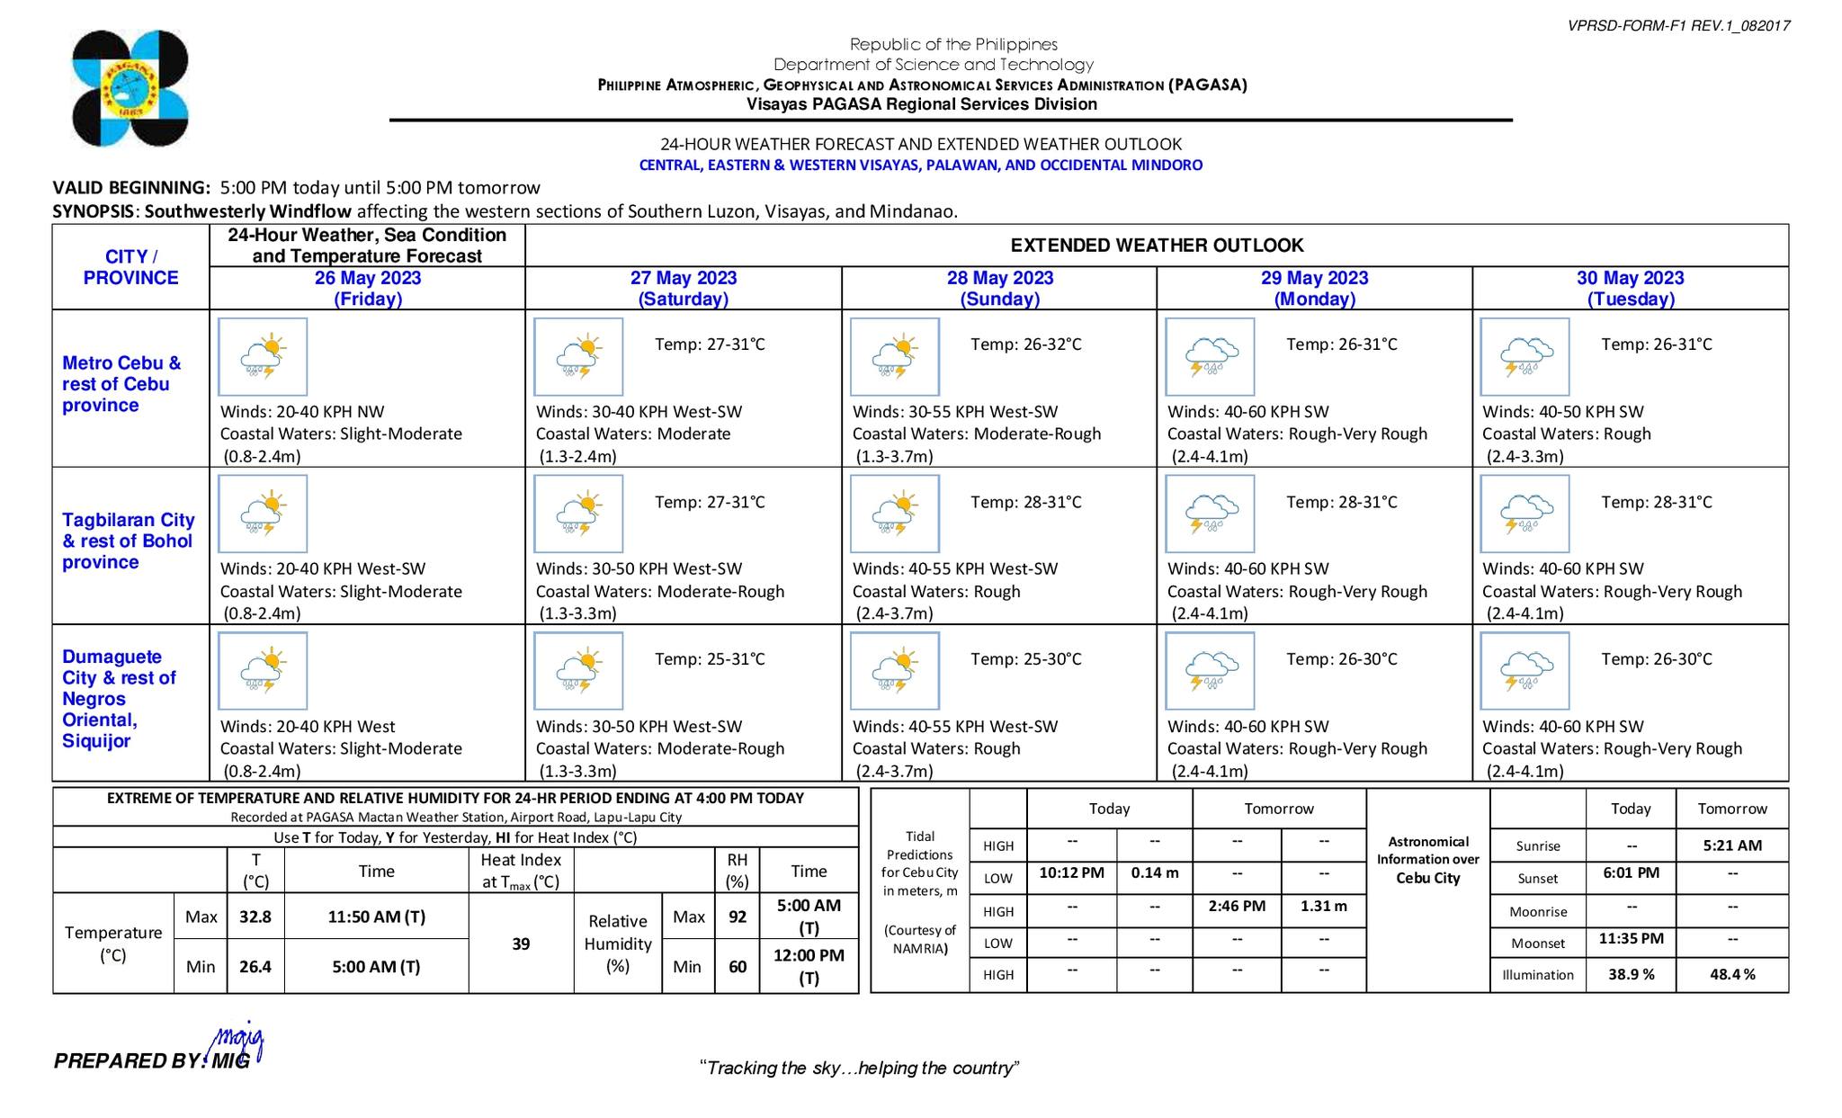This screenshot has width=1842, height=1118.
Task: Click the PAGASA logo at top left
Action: pos(130,88)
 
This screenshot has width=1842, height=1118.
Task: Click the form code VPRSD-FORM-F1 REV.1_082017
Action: pos(1678,26)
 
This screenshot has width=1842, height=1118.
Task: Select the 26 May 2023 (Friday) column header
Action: pos(367,288)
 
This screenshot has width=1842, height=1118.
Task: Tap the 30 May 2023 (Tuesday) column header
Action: pos(1630,288)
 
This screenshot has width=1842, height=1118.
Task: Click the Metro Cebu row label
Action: pos(121,384)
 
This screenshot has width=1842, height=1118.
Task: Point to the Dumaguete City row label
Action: pos(118,699)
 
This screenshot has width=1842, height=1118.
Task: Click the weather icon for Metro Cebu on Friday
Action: pos(263,357)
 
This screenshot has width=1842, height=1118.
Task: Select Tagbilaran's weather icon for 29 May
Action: pos(1210,514)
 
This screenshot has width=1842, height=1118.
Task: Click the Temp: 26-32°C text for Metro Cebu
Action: pos(1025,344)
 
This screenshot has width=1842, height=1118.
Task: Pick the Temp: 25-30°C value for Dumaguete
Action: pos(1025,659)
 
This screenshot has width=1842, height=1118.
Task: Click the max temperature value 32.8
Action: pos(255,917)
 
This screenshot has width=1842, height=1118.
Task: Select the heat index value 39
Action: pos(521,944)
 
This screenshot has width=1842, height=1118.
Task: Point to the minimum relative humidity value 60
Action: pos(738,967)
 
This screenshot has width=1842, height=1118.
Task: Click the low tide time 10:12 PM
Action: pos(1071,872)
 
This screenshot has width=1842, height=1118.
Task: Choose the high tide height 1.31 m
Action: pos(1324,906)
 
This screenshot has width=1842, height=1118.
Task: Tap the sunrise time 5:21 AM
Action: pos(1732,845)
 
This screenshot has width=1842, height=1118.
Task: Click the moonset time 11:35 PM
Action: pos(1631,939)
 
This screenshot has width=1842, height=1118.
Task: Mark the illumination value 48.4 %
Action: pos(1732,974)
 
